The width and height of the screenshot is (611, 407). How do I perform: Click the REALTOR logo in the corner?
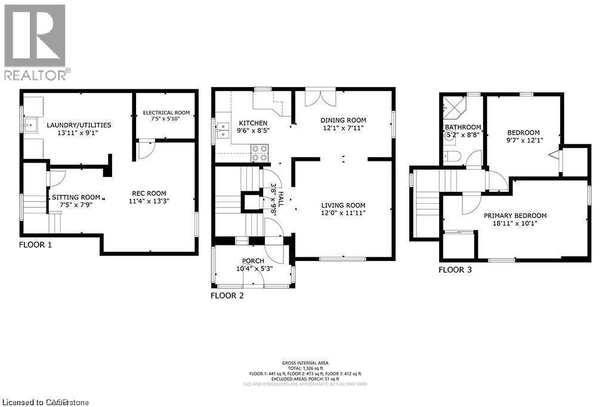[35, 41]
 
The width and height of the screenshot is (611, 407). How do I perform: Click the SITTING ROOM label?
[76, 197]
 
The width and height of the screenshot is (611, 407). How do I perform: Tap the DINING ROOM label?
[343, 120]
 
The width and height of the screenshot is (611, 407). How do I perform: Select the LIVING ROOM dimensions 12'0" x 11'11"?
[343, 213]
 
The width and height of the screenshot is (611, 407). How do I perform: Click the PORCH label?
[253, 261]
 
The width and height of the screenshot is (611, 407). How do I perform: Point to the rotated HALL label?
[274, 198]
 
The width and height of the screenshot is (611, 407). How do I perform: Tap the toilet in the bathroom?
[453, 157]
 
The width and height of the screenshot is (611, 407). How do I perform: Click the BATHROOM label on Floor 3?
[462, 128]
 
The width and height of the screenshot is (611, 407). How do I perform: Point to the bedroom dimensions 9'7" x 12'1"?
[523, 141]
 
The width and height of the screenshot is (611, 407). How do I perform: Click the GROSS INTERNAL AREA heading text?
[305, 363]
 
